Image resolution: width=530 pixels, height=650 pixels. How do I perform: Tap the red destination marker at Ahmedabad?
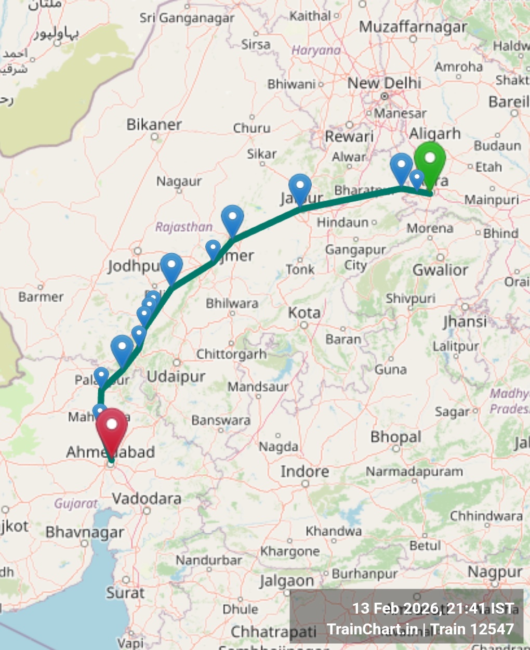click(111, 426)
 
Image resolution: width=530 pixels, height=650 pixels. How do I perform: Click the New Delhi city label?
click(384, 83)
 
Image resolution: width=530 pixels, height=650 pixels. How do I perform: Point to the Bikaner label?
click(154, 124)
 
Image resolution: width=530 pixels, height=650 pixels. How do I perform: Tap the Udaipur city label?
click(176, 376)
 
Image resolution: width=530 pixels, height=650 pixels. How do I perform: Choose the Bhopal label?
click(395, 437)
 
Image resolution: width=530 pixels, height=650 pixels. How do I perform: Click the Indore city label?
click(304, 472)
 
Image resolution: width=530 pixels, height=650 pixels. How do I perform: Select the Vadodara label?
click(147, 499)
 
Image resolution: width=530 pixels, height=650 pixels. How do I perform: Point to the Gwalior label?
click(440, 270)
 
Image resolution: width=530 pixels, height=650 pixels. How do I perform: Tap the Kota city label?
click(304, 313)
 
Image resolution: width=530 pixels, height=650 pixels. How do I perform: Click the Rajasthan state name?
click(184, 227)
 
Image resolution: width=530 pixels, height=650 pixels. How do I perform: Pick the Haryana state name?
click(316, 50)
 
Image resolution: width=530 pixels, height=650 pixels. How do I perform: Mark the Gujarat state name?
click(76, 503)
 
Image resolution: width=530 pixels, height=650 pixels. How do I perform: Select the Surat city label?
click(125, 592)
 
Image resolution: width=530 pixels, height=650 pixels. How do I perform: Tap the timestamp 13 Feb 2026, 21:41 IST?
click(433, 608)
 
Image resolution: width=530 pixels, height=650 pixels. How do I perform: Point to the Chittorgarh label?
click(231, 355)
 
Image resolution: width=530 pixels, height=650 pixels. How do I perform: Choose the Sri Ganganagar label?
click(187, 19)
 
